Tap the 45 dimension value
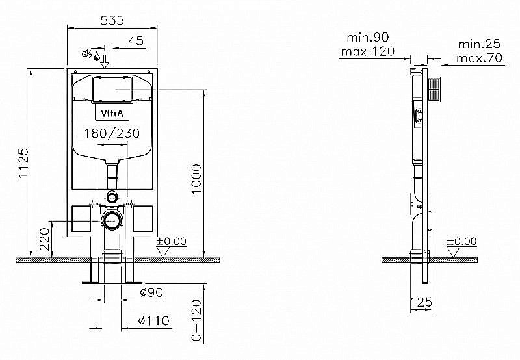point(135,41)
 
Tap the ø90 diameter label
point(151,294)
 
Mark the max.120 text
point(367,52)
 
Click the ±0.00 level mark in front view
point(172,242)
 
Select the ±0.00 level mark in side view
point(461,242)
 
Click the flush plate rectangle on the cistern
point(112,90)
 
